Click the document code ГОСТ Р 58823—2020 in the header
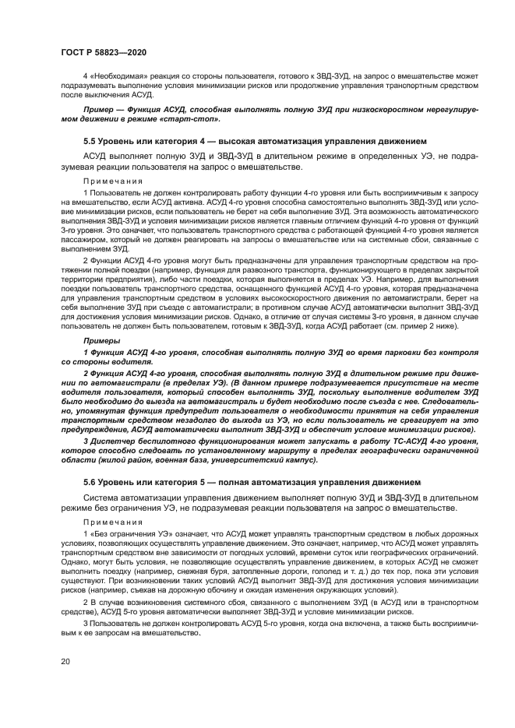point(104,51)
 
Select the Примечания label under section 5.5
point(108,180)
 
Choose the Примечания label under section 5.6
point(108,522)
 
